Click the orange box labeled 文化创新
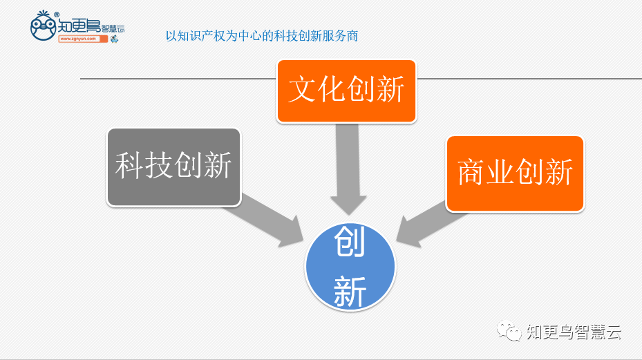(x=346, y=91)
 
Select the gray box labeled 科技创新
(x=173, y=167)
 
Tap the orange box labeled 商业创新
(x=516, y=173)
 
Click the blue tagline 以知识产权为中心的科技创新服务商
(x=262, y=35)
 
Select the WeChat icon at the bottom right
(x=512, y=332)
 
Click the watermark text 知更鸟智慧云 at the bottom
(x=573, y=332)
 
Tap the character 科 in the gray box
(x=129, y=167)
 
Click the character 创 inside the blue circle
(x=350, y=245)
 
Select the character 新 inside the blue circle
(x=350, y=291)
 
